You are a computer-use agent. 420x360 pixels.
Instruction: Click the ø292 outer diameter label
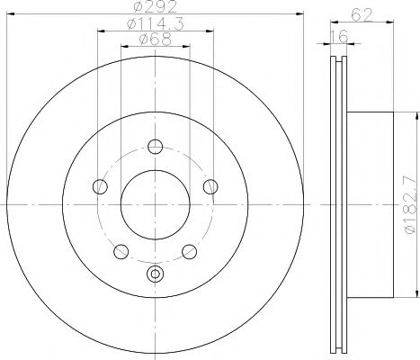click(x=155, y=9)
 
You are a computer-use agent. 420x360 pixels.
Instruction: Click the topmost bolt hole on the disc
click(x=156, y=148)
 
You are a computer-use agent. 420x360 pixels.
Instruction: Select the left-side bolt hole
click(x=100, y=187)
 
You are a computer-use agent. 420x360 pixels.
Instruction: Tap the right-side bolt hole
click(x=210, y=187)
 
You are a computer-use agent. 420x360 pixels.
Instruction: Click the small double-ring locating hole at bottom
click(x=155, y=274)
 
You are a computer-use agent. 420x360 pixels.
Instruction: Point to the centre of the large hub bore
click(x=155, y=205)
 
